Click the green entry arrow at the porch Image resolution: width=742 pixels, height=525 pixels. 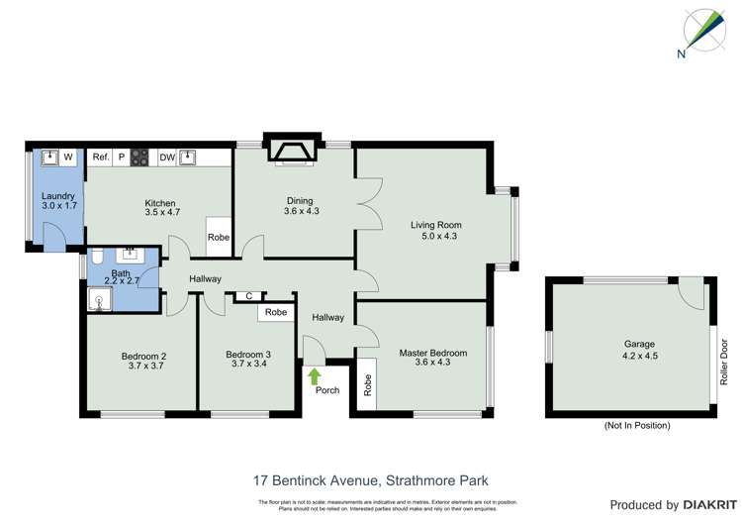coord(315,375)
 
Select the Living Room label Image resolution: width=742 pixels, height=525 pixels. coord(435,225)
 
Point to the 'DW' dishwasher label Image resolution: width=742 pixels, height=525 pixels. coord(167,157)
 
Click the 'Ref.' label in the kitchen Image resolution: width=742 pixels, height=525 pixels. coord(100,157)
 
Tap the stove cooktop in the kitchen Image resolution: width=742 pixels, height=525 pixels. coord(140,157)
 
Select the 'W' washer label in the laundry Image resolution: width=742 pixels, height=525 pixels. coord(68,157)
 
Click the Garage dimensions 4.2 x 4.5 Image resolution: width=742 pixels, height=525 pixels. coord(639,356)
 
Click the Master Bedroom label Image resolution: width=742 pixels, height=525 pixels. coord(432,353)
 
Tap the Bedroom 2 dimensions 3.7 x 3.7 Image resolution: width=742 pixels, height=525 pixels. coord(143,367)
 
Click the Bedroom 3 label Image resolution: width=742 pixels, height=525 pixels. coord(247,355)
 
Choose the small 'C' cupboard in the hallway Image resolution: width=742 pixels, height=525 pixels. coord(249,295)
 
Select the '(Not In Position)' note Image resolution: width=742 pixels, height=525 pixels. coord(637,425)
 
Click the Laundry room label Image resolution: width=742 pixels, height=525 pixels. coord(58,196)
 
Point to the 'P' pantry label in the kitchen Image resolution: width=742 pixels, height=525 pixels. coord(122,157)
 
